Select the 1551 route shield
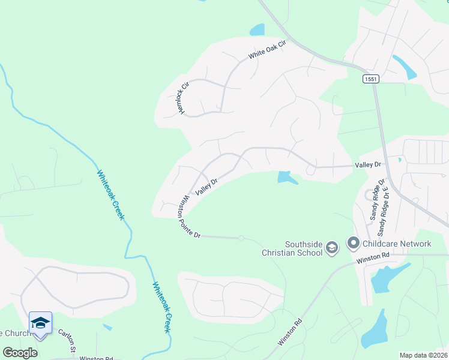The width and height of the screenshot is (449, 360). [371, 79]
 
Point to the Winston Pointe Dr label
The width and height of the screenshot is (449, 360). [188, 215]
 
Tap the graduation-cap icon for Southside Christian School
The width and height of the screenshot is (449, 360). [332, 247]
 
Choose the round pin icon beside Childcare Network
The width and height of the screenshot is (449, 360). [353, 243]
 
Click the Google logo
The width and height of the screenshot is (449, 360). [20, 353]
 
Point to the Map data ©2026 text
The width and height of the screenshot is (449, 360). [423, 355]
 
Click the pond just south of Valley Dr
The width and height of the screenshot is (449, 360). [286, 178]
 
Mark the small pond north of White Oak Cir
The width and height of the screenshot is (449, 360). [257, 29]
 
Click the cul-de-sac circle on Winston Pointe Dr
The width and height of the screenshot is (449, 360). [241, 238]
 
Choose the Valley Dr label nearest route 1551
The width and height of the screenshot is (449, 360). [368, 164]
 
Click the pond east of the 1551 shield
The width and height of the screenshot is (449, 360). [405, 67]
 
